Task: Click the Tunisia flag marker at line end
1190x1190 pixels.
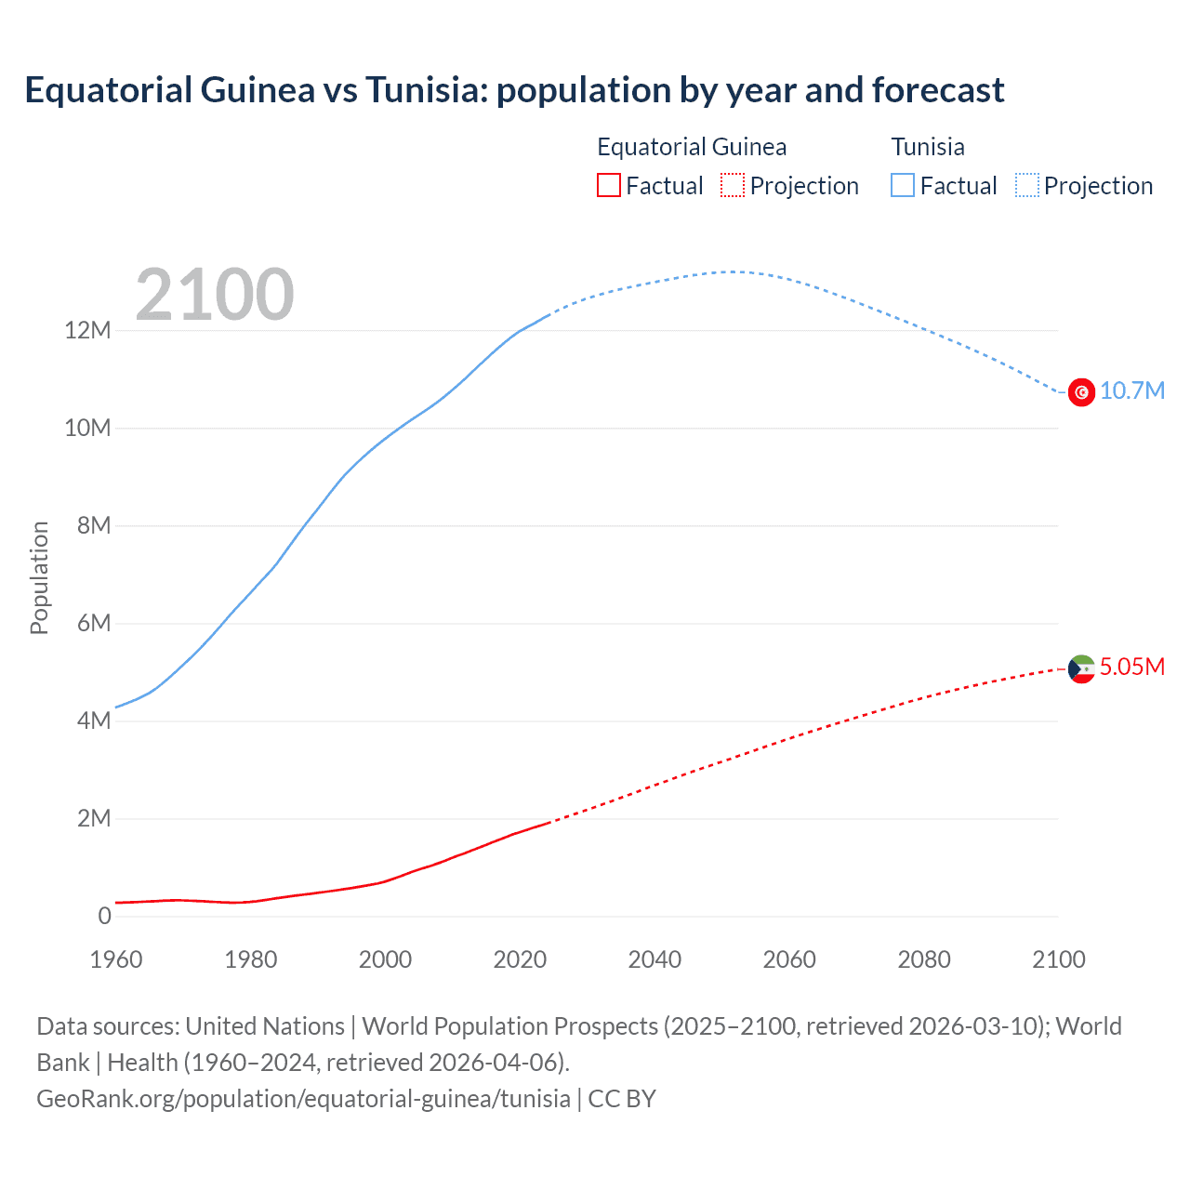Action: click(1081, 392)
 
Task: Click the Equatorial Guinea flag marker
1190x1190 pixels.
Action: click(1081, 668)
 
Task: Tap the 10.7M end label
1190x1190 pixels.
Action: click(1131, 390)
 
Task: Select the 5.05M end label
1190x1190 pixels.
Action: click(1131, 667)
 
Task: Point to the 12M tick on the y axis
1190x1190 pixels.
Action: click(87, 331)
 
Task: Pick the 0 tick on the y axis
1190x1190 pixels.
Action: click(104, 917)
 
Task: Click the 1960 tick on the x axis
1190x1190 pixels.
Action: click(116, 959)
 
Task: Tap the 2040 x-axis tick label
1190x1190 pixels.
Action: click(654, 959)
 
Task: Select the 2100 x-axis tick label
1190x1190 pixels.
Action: click(1058, 959)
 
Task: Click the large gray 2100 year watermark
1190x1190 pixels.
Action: click(215, 295)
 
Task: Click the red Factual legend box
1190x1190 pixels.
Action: click(608, 186)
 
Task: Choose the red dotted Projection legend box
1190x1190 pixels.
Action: click(733, 186)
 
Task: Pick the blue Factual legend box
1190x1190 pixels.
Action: click(903, 186)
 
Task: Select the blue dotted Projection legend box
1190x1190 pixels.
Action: click(1027, 186)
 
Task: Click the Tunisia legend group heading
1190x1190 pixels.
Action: click(928, 147)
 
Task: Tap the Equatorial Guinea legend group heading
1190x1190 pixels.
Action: click(692, 147)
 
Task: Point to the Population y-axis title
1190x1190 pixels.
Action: click(39, 577)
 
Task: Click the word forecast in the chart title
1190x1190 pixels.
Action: click(938, 90)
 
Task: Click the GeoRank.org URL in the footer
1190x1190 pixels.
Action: click(303, 1099)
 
